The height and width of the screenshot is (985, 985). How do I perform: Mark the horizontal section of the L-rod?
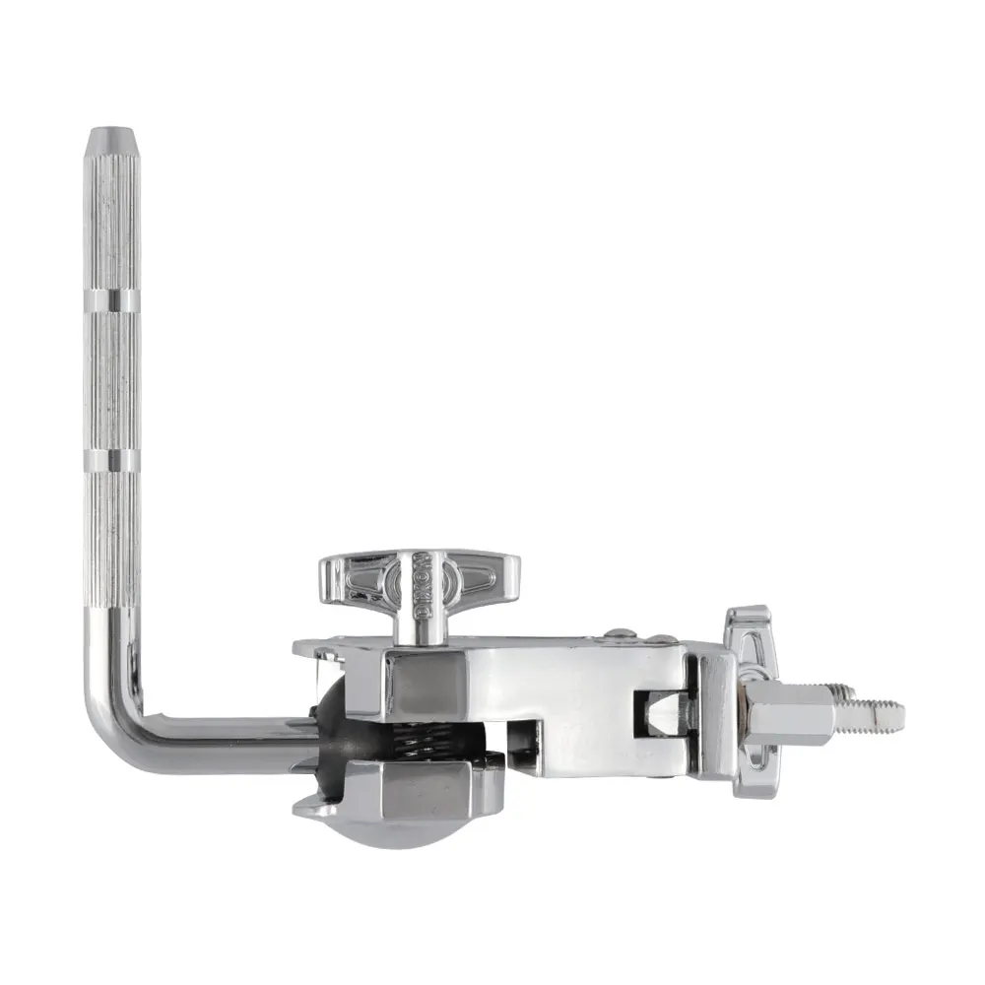(x=227, y=747)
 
